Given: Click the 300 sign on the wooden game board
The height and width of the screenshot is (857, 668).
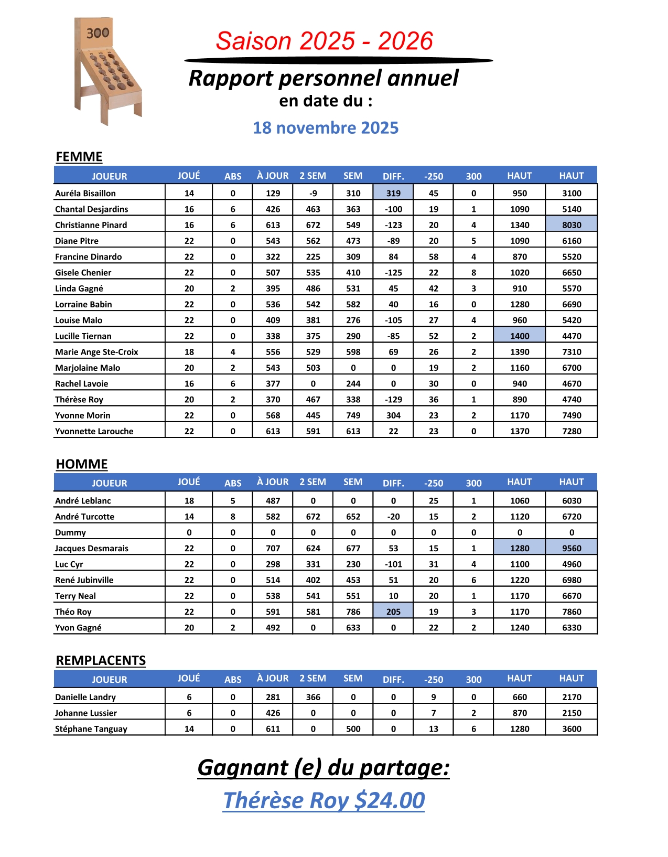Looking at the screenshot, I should (x=98, y=34).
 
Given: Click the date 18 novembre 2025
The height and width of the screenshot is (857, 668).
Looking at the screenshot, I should (x=326, y=128).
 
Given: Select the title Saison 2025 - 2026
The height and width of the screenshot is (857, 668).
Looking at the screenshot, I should (x=324, y=41).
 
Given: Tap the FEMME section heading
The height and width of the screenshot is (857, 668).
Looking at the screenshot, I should (x=79, y=157).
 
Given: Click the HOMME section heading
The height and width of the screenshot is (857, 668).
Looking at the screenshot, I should (x=82, y=464).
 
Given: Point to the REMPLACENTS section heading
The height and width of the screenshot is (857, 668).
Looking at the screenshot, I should (x=101, y=660).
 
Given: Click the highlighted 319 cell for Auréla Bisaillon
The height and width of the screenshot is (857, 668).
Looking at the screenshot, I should (x=393, y=193).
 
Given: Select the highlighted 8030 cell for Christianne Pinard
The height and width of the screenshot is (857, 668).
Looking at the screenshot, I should (x=572, y=225).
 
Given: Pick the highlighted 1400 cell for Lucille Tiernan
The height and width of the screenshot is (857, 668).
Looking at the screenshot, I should (x=520, y=336).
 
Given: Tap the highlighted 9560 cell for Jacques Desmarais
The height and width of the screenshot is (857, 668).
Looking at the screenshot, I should (x=572, y=548).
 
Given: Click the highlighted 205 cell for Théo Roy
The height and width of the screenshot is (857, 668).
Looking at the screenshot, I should (x=393, y=612).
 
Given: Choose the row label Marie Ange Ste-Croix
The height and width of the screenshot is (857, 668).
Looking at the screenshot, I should (x=96, y=352).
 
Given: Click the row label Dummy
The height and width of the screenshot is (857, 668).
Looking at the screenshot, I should (x=70, y=532).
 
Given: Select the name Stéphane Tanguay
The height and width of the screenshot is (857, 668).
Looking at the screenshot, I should (x=91, y=729).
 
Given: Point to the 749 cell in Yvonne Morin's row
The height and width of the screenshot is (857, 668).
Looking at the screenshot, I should (x=353, y=415).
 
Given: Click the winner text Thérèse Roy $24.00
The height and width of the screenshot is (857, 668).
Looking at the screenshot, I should (x=324, y=800).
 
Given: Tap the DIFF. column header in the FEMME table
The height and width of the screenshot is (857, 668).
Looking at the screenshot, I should (x=393, y=176).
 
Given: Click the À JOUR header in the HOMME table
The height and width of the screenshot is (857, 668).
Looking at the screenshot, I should (x=273, y=482).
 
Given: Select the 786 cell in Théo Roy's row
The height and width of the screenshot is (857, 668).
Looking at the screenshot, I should (x=353, y=612).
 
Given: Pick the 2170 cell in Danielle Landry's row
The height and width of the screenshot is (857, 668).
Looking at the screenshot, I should (x=572, y=697).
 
